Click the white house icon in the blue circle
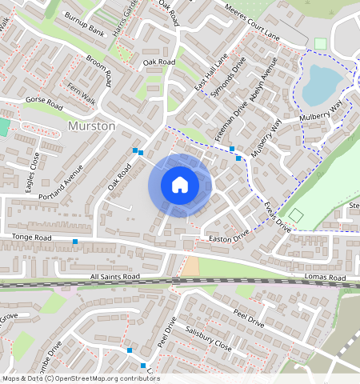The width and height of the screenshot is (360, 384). pyautogui.click(x=180, y=185)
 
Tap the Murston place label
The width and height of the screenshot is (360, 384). pyautogui.click(x=92, y=126)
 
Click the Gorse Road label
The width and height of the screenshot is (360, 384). pyautogui.click(x=45, y=105)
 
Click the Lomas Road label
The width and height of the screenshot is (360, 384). pyautogui.click(x=325, y=277)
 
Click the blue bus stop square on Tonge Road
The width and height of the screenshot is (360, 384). pyautogui.click(x=75, y=242)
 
